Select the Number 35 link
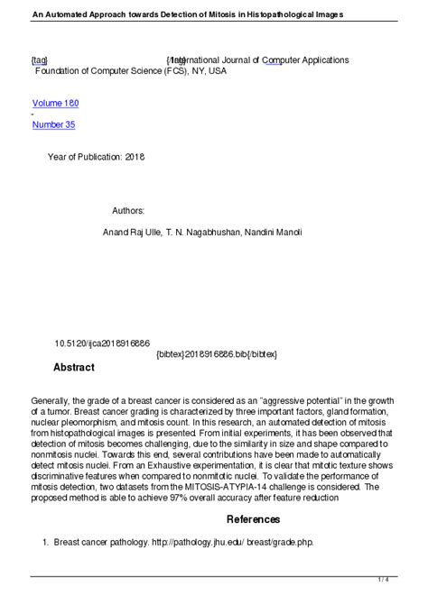(53, 124)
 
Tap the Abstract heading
(73, 368)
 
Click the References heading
(253, 519)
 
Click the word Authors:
(128, 210)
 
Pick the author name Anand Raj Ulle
(132, 233)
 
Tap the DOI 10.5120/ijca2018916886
(103, 343)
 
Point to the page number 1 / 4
(408, 579)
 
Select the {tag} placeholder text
(40, 59)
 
